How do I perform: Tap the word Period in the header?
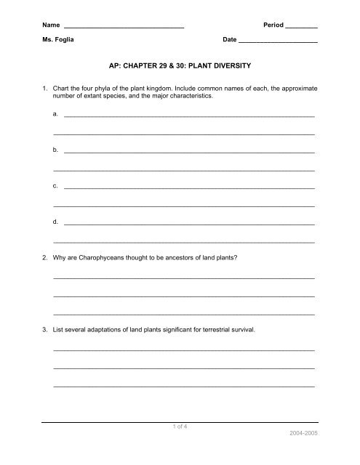271,25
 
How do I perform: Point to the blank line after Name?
124,28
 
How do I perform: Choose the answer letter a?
56,115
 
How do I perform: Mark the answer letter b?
56,150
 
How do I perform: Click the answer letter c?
56,186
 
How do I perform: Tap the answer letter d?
56,221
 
